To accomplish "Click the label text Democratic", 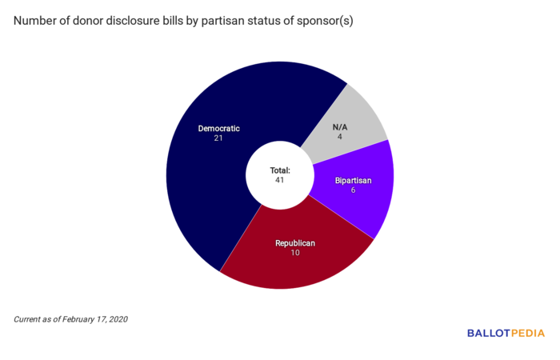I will coord(218,128).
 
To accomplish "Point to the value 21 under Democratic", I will coord(218,138).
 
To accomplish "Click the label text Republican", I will coord(295,242).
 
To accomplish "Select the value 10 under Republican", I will coord(295,253).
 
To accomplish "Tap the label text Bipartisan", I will coord(352,180).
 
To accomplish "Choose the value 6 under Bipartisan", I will coord(352,190).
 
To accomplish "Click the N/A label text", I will coord(340,126).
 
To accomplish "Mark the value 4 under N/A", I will coord(340,137).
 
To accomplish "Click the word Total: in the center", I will coord(279,170).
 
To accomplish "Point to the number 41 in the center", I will coord(279,180).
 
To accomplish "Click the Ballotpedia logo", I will coord(506,333).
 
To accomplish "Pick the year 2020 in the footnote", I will coord(117,319).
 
